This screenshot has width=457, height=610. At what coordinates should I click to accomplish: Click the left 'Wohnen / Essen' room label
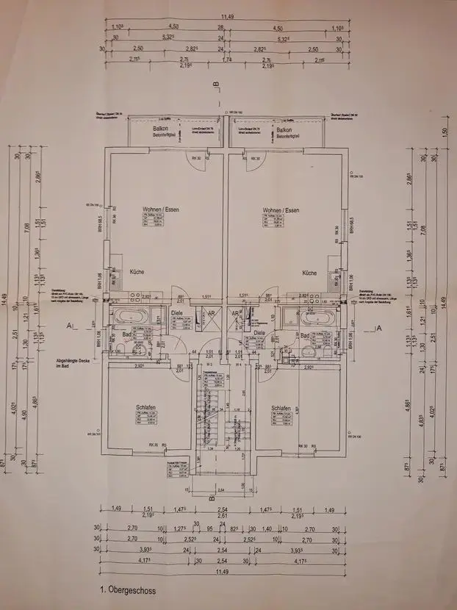(161, 209)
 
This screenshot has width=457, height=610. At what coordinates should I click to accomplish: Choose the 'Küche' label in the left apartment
(136, 272)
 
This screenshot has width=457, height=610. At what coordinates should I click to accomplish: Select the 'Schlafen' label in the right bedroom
(281, 408)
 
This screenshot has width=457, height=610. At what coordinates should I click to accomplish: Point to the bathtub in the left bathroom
(132, 317)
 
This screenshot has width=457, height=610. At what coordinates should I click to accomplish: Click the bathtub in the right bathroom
(312, 317)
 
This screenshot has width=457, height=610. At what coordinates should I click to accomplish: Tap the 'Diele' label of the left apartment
(176, 312)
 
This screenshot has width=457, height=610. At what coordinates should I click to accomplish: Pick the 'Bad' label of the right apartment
(306, 335)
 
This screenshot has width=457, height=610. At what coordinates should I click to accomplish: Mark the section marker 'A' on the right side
(377, 328)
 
